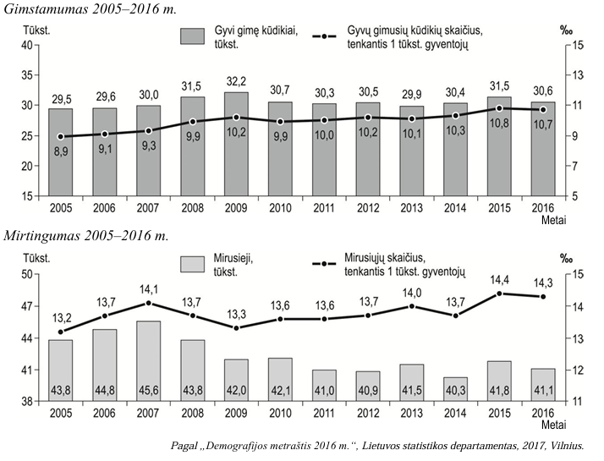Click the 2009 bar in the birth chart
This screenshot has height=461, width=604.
click(x=236, y=144)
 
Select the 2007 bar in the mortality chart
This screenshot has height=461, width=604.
click(x=148, y=361)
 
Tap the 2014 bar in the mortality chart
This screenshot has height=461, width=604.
click(x=455, y=389)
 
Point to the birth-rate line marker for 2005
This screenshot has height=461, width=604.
click(x=60, y=137)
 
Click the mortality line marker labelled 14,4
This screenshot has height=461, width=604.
click(x=500, y=294)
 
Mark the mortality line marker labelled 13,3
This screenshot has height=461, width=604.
click(x=237, y=328)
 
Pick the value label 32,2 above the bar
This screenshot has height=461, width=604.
click(x=236, y=82)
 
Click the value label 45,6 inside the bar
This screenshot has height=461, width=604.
click(x=148, y=391)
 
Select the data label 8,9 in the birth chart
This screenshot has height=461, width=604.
click(x=61, y=151)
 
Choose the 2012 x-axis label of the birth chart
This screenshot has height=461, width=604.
click(x=368, y=208)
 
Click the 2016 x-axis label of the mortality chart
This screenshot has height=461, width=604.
click(x=543, y=414)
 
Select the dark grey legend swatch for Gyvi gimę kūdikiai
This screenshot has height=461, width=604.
click(x=192, y=36)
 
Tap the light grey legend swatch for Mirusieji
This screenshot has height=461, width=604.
click(x=192, y=265)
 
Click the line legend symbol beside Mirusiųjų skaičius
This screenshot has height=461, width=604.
click(x=324, y=264)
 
